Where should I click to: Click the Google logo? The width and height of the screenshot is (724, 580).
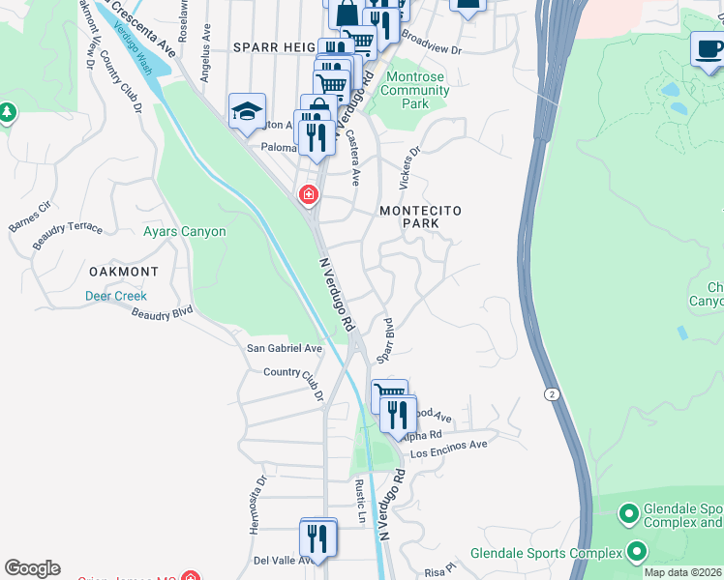pos(32,568)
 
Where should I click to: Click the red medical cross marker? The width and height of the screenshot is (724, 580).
pos(309,195)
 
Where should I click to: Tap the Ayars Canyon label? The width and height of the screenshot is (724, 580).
pos(184,232)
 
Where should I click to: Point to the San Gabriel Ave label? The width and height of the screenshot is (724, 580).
pos(285,348)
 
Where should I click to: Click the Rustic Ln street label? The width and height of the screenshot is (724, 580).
pos(361,503)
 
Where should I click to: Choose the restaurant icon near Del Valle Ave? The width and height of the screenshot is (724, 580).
pos(317,538)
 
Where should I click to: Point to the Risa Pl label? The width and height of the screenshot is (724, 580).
pos(438,571)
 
